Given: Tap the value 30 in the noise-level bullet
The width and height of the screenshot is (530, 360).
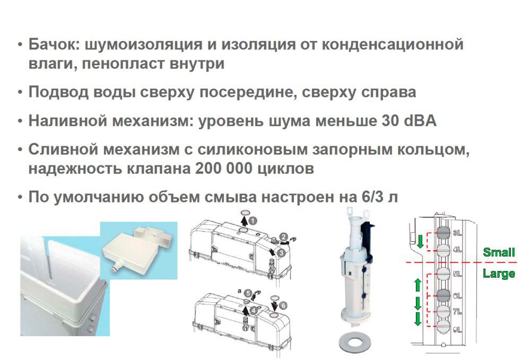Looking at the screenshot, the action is tap(390, 121).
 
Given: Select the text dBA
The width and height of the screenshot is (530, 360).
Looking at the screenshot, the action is tap(420, 121).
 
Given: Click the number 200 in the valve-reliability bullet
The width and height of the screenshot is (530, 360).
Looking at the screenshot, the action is tap(208, 168).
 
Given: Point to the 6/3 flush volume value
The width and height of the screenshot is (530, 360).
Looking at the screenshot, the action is tap(373, 197).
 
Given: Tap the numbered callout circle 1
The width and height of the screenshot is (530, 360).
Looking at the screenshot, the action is tap(253, 221).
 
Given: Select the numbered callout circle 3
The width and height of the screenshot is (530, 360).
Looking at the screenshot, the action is tap(281, 252).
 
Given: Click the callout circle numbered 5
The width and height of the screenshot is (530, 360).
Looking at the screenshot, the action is tap(248, 293).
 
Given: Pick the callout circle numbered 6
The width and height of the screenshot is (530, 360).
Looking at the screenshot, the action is tap(283, 305).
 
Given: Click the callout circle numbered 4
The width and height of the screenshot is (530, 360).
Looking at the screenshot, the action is tap(254, 309).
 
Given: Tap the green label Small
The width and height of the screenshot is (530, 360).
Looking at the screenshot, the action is tap(499, 252).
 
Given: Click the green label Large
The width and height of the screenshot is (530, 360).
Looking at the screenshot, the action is tap(499, 274).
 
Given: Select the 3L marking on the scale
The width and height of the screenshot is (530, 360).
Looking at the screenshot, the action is tap(457, 233).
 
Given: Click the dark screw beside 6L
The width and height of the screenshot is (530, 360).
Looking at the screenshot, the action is tap(444, 295).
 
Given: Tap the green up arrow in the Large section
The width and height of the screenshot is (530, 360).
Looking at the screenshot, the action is tap(418, 285).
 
